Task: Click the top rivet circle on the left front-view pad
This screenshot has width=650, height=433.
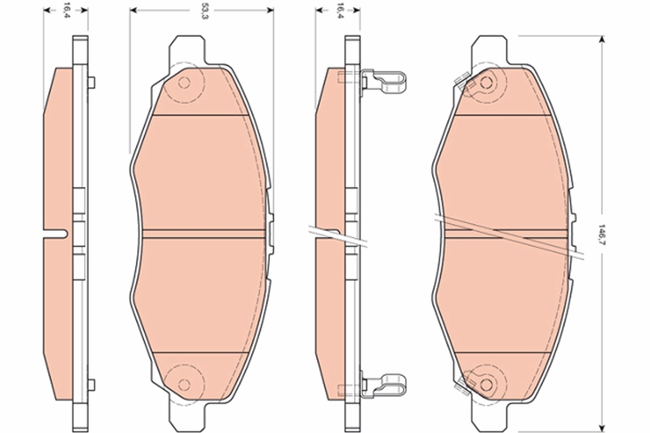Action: (x=184, y=83)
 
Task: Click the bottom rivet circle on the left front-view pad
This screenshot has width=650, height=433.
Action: (x=184, y=384)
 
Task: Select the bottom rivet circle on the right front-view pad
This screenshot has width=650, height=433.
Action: (x=486, y=384)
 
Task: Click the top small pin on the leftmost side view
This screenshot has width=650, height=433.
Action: (x=91, y=82)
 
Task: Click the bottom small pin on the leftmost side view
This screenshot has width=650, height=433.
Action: (x=91, y=385)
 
